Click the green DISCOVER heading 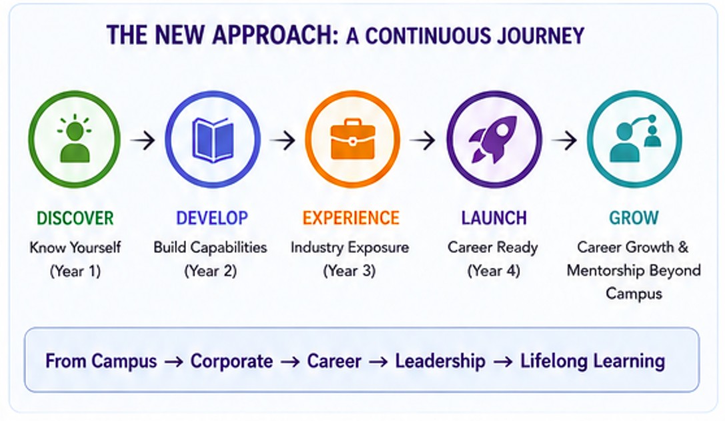75,218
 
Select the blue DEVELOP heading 212,218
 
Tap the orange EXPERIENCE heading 351,218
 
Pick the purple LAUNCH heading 494,218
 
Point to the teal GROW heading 634,218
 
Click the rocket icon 494,139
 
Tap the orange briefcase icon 352,139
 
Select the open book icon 213,139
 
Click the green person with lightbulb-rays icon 75,138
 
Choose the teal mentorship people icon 636,138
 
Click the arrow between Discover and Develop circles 143,139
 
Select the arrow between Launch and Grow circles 564,139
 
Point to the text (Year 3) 349,271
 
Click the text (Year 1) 75,271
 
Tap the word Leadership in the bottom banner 440,362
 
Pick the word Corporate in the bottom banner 231,362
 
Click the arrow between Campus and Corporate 174,362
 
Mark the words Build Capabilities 210,248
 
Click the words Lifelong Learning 593,362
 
